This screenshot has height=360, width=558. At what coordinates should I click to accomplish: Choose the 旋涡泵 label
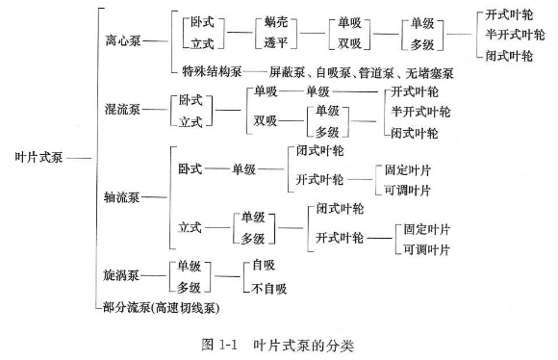(122, 276)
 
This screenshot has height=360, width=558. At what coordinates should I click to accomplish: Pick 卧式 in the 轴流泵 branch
(190, 168)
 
